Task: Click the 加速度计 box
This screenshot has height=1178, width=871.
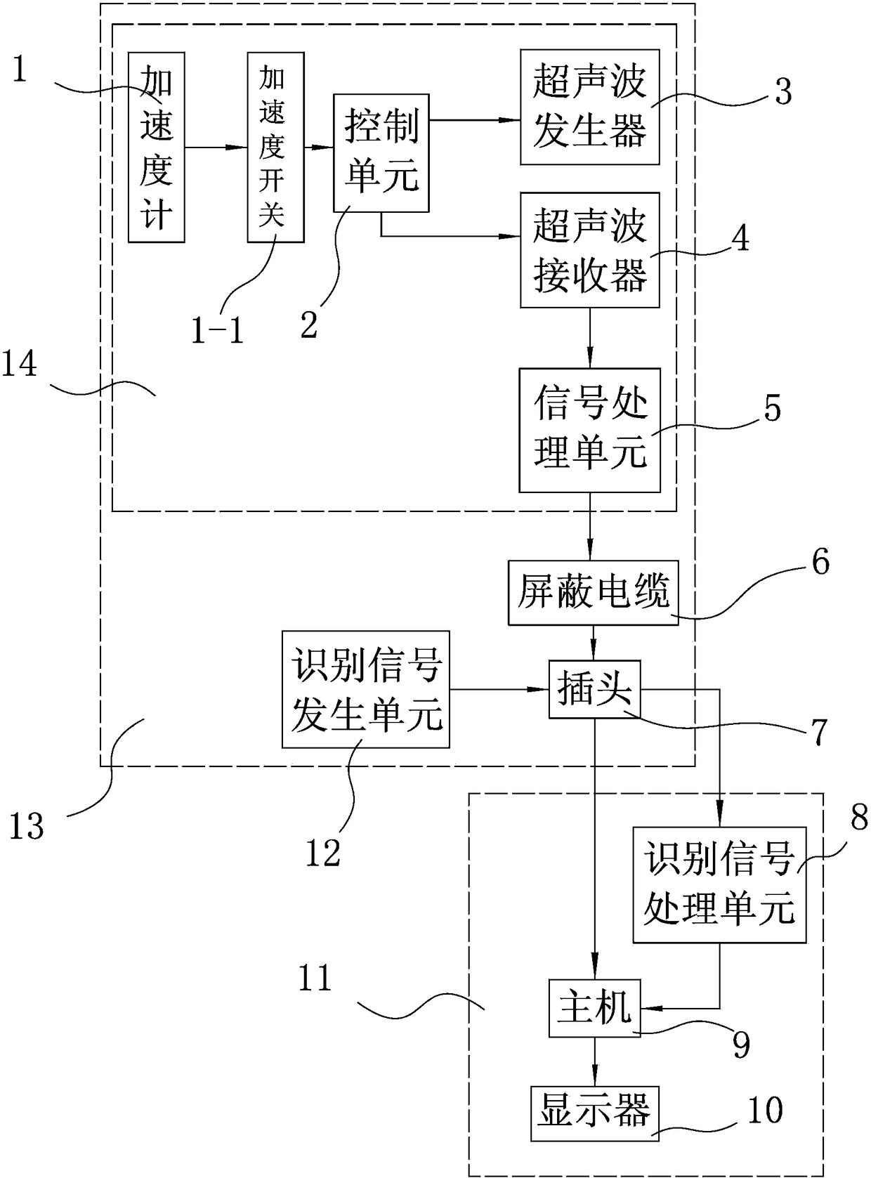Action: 157,147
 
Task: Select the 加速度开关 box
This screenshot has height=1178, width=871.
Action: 275,147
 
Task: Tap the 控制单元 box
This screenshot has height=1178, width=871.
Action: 381,153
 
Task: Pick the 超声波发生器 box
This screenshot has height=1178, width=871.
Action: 590,107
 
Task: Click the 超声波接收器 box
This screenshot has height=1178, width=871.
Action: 590,250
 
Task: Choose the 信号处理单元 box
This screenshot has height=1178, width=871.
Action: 590,430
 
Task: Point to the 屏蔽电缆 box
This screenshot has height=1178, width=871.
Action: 594,593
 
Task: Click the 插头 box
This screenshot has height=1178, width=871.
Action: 595,689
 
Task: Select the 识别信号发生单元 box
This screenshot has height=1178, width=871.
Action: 366,689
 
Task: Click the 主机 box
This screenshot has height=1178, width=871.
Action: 595,1008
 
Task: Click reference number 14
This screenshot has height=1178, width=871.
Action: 20,365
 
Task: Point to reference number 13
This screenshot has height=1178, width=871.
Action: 27,827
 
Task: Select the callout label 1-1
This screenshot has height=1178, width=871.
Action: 217,332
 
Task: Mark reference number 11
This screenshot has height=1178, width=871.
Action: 315,978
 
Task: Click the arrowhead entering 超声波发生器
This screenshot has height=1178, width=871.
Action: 512,120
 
